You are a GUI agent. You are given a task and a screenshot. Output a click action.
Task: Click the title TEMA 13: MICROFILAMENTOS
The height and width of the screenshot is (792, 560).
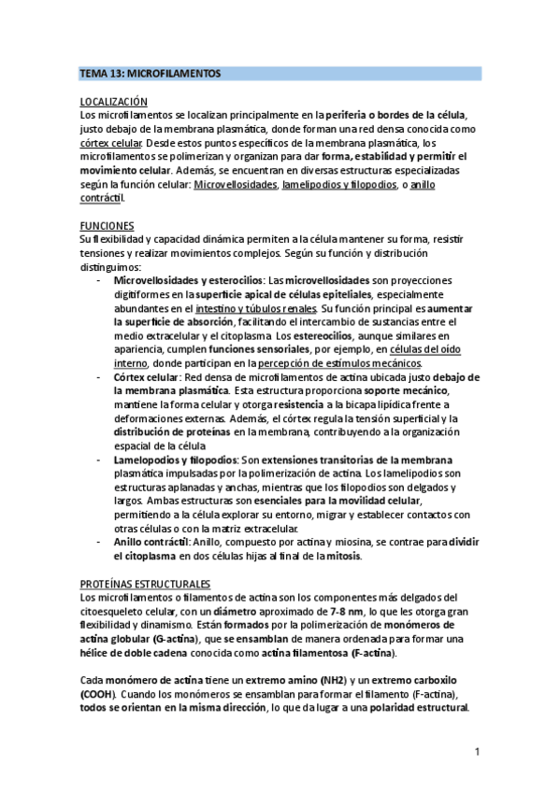(x=150, y=73)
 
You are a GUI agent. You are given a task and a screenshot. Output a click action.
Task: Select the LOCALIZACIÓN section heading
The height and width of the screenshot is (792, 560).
(x=114, y=100)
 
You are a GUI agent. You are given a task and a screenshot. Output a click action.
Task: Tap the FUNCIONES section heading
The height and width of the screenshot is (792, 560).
(x=108, y=226)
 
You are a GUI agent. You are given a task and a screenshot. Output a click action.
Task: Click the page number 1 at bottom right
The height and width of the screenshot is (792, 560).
(x=476, y=751)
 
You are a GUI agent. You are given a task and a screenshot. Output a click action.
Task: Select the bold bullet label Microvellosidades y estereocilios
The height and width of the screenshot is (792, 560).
(x=188, y=281)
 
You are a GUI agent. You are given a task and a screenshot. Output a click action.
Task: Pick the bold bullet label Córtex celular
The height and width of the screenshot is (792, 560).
(x=149, y=376)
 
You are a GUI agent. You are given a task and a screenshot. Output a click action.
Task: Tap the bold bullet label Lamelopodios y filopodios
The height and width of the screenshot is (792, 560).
(x=175, y=460)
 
